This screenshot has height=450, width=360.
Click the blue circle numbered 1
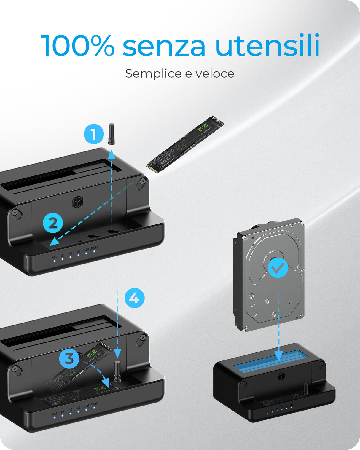pyautogui.click(x=94, y=134)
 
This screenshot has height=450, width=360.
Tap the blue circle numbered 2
pyautogui.click(x=53, y=223)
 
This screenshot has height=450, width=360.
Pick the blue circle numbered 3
pyautogui.click(x=69, y=359)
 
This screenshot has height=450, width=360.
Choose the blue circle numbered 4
pyautogui.click(x=134, y=298)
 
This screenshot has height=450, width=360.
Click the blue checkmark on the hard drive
pyautogui.click(x=278, y=268)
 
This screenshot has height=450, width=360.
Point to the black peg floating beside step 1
pyautogui.click(x=111, y=134)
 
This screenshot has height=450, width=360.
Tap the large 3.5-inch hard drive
pyautogui.click(x=270, y=274)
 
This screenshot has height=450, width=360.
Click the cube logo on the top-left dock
pyautogui.click(x=77, y=202)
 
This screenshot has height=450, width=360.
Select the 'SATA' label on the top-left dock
pyautogui.click(x=94, y=248)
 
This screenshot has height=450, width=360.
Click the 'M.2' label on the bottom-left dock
pyautogui.click(x=55, y=414)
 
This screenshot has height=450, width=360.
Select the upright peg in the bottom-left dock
pyautogui.click(x=117, y=371)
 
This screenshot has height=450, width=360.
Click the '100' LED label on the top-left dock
pyautogui.click(x=86, y=250)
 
